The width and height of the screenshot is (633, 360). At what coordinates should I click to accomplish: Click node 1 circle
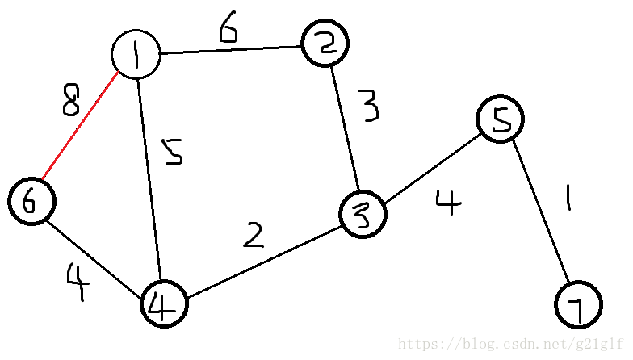(136, 55)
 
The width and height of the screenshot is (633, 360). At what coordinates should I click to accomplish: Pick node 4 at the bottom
(164, 305)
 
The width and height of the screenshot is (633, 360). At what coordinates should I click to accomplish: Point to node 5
(501, 120)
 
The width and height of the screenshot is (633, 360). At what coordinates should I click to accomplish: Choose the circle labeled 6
(31, 201)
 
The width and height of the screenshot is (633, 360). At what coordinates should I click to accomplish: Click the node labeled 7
(579, 304)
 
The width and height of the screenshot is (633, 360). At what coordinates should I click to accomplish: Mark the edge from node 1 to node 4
(150, 178)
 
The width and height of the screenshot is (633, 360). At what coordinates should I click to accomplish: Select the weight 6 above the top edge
(228, 29)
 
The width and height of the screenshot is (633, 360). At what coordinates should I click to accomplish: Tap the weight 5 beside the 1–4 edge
(171, 152)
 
